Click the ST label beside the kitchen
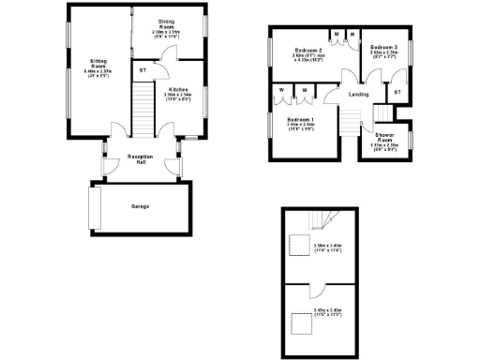(x=142, y=70)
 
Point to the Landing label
(x=357, y=95)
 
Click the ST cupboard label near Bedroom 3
(x=397, y=92)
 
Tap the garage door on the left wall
(x=92, y=206)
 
